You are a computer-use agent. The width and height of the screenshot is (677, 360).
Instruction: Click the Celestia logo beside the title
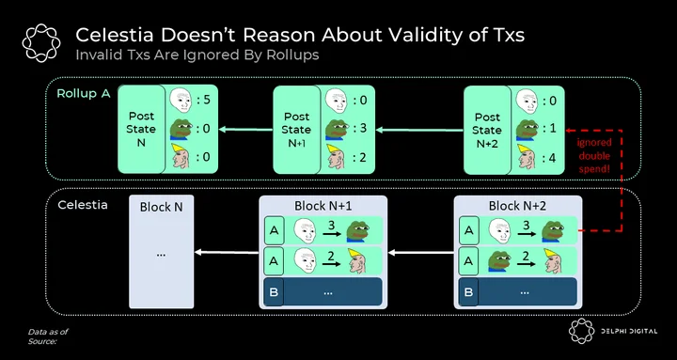pyautogui.click(x=41, y=42)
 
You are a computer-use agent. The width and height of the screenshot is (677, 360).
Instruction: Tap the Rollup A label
pyautogui.click(x=84, y=93)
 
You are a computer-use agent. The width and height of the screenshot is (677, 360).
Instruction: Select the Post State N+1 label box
pyautogui.click(x=296, y=130)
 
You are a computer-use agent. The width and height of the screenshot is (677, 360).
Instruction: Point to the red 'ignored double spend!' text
pyautogui.click(x=594, y=155)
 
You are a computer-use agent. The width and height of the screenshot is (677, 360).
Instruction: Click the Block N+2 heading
pyautogui.click(x=517, y=207)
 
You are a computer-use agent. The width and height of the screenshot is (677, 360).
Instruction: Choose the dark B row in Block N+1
pyautogui.click(x=323, y=291)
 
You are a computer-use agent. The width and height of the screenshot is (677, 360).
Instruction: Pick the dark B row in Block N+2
pyautogui.click(x=518, y=291)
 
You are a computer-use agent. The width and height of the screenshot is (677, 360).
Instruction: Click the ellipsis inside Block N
pyautogui.click(x=161, y=254)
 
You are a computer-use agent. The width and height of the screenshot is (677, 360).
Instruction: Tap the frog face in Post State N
pyautogui.click(x=181, y=129)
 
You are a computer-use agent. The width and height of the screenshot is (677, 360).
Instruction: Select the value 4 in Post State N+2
pyautogui.click(x=550, y=159)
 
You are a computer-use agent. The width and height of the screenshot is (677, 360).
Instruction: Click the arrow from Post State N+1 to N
pyautogui.click(x=246, y=129)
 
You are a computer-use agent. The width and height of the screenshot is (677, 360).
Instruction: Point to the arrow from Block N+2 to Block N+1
pyautogui.click(x=421, y=253)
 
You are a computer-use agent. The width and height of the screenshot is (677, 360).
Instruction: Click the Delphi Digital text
pyautogui.click(x=629, y=332)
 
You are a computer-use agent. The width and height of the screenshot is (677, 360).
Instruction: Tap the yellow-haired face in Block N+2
pyautogui.click(x=552, y=260)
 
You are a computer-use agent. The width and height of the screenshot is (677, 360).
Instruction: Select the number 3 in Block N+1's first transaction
pyautogui.click(x=332, y=226)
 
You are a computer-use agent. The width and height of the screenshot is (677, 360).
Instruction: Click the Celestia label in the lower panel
pyautogui.click(x=83, y=205)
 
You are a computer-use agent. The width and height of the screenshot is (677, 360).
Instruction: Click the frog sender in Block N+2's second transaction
pyautogui.click(x=500, y=260)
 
